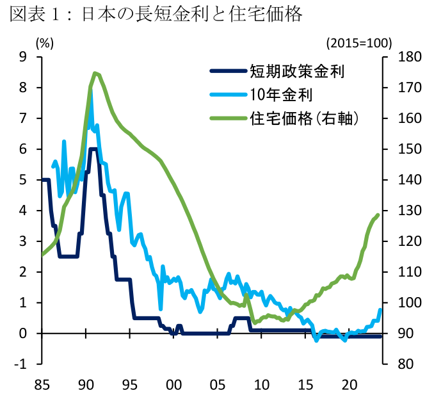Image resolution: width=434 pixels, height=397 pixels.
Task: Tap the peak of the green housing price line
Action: (x=95, y=73)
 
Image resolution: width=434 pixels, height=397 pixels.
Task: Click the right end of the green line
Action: (x=378, y=215)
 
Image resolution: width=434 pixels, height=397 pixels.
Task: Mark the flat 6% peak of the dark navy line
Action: (x=93, y=149)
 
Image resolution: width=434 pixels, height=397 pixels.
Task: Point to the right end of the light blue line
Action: (x=380, y=310)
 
